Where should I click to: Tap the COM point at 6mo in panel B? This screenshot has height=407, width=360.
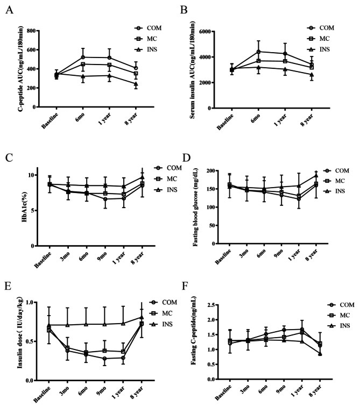click(x=258, y=52)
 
